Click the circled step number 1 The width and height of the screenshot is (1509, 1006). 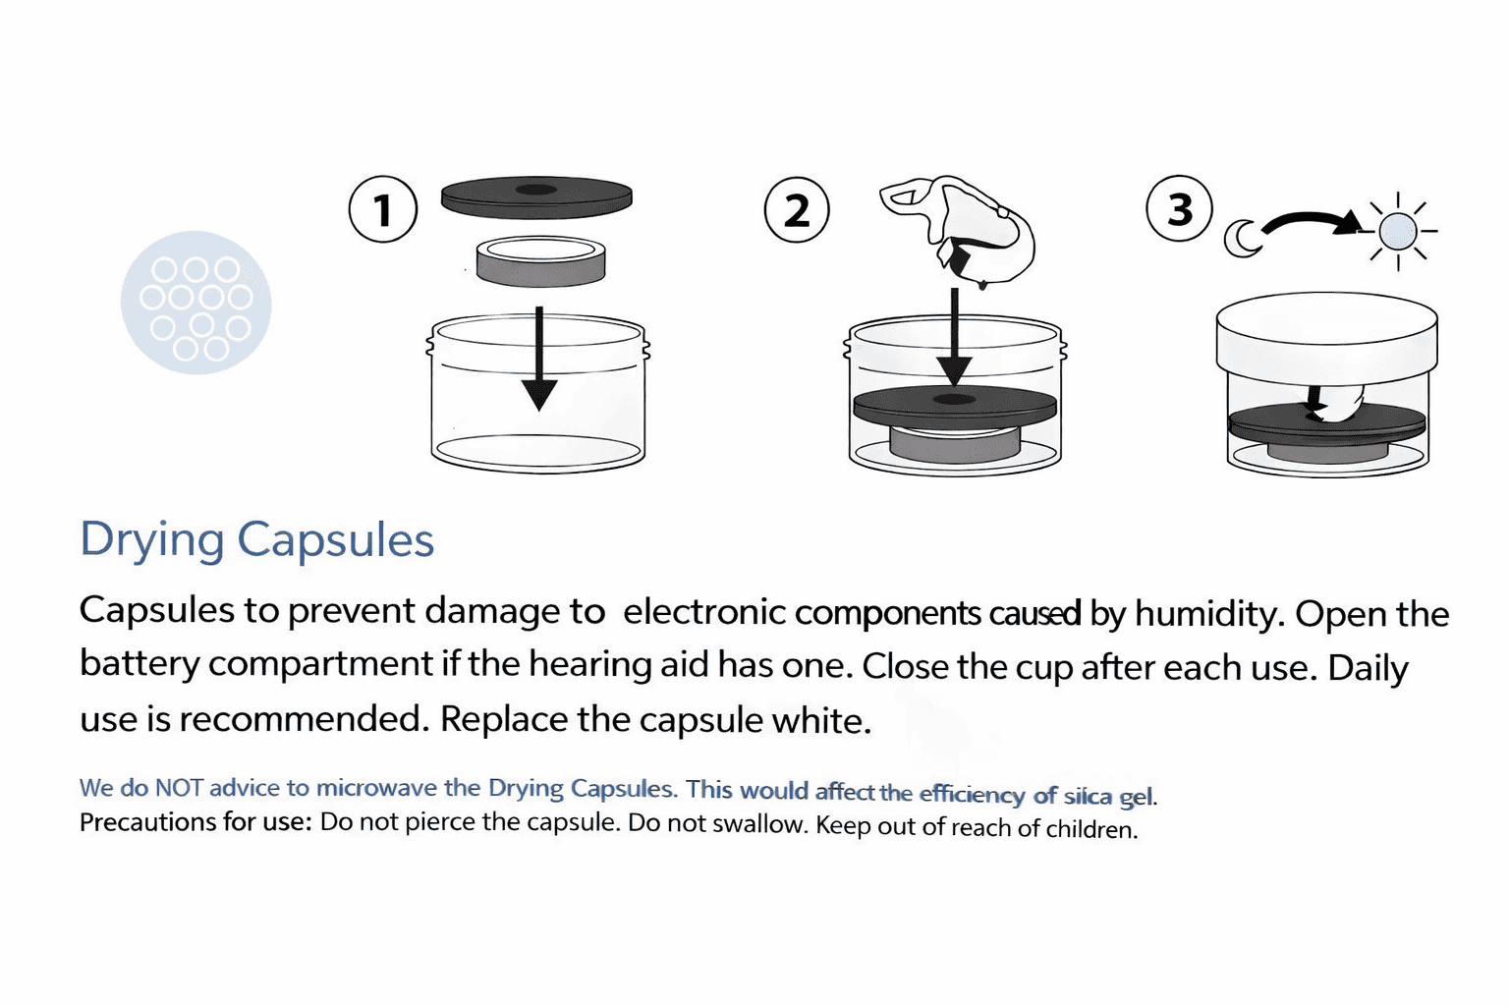pos(382,209)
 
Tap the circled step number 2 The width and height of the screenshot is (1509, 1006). pos(797,210)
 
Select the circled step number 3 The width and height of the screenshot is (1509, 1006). pos(1179,208)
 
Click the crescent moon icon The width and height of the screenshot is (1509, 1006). pos(1240,239)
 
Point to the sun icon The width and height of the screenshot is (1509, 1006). pos(1398,231)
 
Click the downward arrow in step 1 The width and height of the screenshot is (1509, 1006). pos(539,359)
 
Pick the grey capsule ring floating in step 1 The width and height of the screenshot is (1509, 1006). pos(540,261)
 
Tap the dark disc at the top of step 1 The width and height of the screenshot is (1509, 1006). pos(536,197)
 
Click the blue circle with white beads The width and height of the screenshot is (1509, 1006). pos(196,303)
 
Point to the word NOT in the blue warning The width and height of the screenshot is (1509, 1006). pos(179,788)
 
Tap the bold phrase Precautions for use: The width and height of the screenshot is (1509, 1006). pos(196,822)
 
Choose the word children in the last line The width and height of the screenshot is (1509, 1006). pos(1091,829)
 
